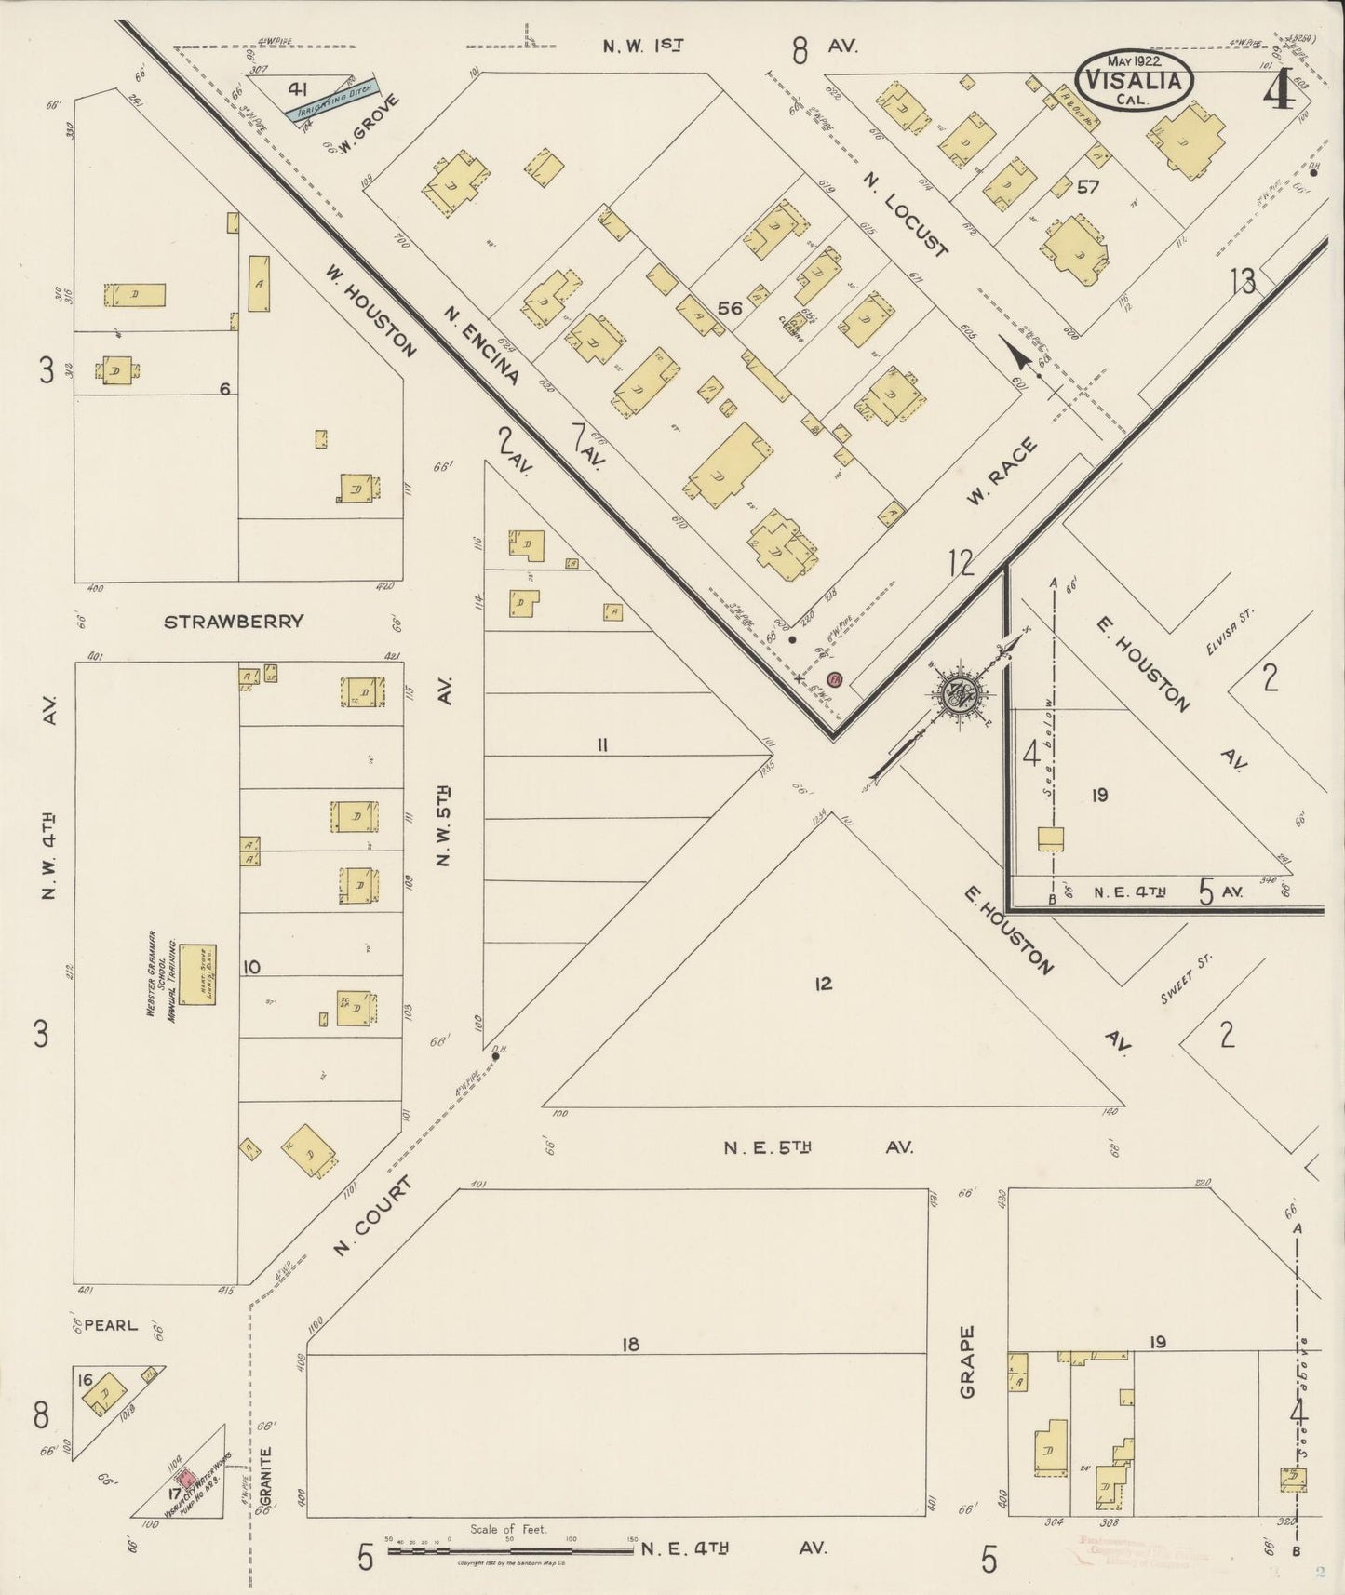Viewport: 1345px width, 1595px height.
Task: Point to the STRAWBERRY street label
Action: (234, 622)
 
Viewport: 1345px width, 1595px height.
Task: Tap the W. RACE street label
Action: (1002, 473)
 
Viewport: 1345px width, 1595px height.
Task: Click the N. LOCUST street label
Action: (904, 213)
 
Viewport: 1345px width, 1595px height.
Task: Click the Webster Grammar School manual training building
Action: (197, 974)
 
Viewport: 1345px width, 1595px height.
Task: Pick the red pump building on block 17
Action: (186, 1477)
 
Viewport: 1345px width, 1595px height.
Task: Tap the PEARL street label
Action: (110, 1324)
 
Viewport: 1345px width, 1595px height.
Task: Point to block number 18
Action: (630, 1344)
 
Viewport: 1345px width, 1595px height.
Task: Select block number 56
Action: (730, 308)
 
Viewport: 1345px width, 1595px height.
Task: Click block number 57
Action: (1087, 187)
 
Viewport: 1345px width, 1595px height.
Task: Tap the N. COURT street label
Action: (371, 1216)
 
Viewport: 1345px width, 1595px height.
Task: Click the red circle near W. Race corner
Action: (834, 679)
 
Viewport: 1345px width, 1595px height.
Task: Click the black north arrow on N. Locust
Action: (1019, 353)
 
